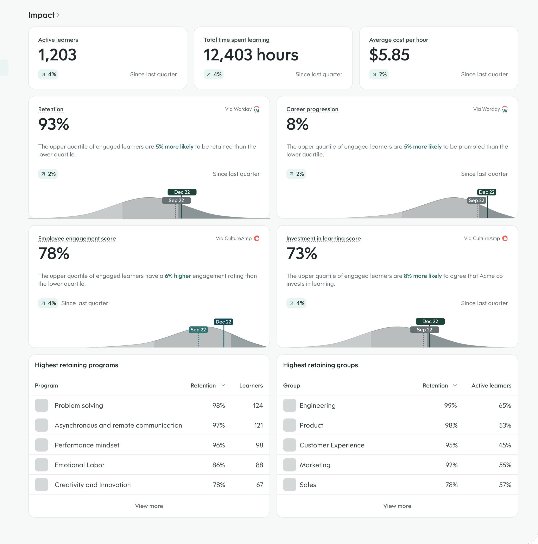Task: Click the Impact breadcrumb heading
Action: [41, 15]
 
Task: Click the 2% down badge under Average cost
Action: [379, 74]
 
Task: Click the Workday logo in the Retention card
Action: [257, 109]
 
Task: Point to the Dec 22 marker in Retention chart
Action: [182, 192]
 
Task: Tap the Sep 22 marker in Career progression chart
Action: [476, 200]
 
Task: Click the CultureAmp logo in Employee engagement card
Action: [257, 239]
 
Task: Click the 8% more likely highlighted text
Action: [423, 276]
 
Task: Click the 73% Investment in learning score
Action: [302, 253]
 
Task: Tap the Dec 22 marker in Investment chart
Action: [430, 321]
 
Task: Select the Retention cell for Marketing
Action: [451, 465]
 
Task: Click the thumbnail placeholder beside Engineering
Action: [289, 405]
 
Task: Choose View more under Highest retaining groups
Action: [397, 506]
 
